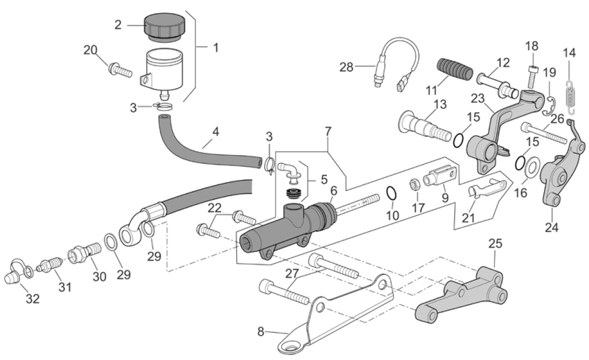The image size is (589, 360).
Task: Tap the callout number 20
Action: coord(90,50)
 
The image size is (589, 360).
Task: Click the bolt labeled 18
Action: coord(532,78)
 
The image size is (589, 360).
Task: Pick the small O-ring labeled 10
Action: coord(390,194)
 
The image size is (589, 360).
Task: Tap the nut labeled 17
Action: coord(416,183)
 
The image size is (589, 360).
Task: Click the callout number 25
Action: coord(496,243)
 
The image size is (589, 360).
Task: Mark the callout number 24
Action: coord(552,227)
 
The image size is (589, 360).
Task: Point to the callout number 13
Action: coord(440,105)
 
